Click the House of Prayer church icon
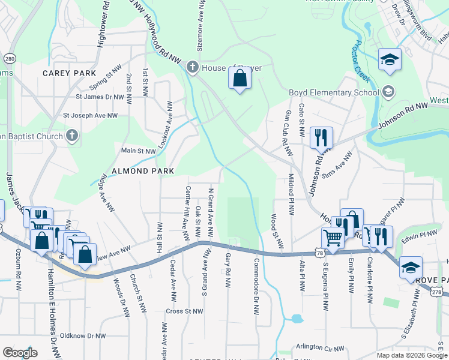tap(192, 67)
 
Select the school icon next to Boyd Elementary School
tap(388, 92)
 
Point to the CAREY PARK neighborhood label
tap(69, 73)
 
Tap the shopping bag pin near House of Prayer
tap(240, 78)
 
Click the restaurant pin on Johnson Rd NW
tap(321, 137)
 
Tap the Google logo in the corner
tap(20, 352)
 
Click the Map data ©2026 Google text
tap(411, 355)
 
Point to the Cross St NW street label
tap(184, 311)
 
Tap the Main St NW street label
tap(139, 151)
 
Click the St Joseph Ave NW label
tap(97, 115)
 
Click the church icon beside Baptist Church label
tap(72, 136)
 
